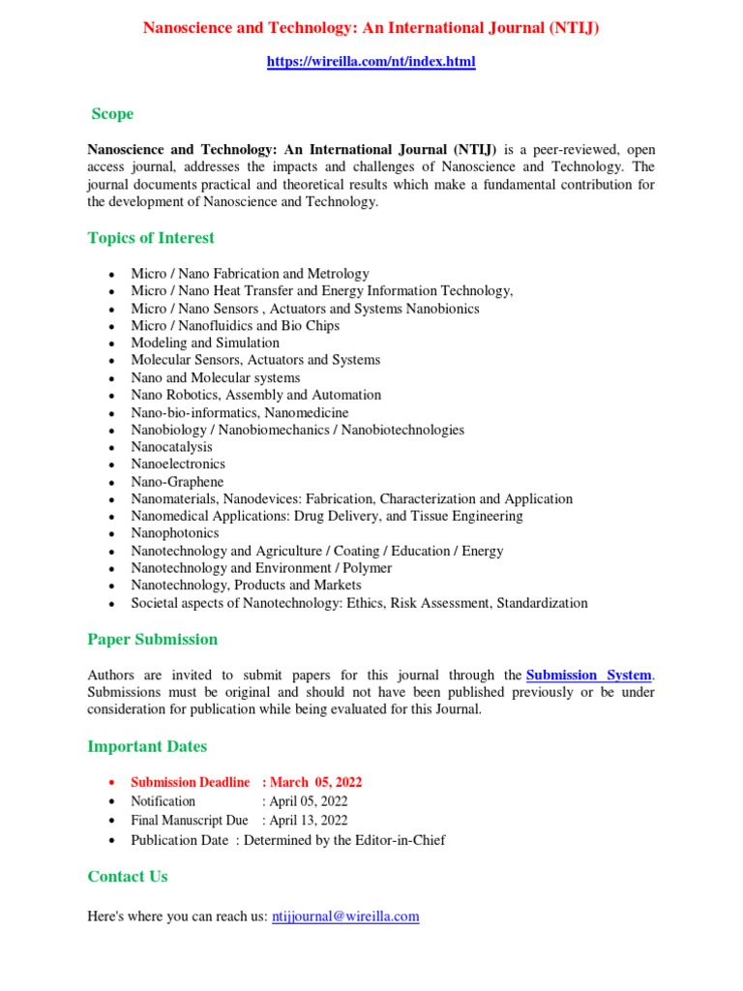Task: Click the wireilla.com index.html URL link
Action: click(371, 62)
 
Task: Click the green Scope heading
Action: click(112, 114)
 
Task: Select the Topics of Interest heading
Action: click(151, 238)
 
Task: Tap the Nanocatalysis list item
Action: click(172, 447)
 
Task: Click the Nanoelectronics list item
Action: click(178, 465)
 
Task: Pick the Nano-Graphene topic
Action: click(177, 482)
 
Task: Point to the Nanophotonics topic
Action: click(175, 533)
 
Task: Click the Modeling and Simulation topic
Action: click(205, 343)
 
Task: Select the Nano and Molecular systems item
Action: click(216, 377)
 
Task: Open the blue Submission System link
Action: click(588, 676)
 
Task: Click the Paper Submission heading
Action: click(153, 640)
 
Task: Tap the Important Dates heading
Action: click(147, 747)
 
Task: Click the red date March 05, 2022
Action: click(316, 782)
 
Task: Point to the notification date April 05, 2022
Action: click(310, 801)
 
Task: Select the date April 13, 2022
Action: click(310, 821)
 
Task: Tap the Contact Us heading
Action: click(128, 877)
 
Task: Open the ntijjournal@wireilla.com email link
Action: click(345, 916)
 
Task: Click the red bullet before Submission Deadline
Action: click(113, 783)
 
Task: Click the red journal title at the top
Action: click(371, 28)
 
